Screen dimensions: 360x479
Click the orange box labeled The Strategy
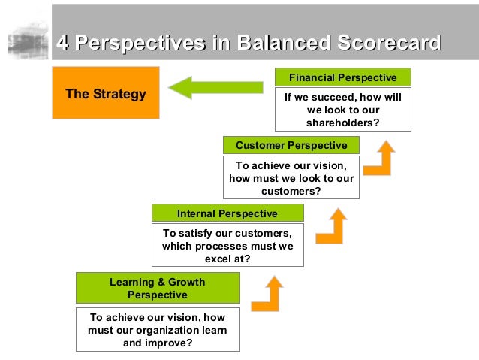coord(105,92)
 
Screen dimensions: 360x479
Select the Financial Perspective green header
coord(342,77)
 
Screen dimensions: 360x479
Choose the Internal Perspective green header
coord(227,213)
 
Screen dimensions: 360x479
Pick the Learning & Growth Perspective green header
coord(158,288)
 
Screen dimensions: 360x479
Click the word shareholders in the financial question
coord(342,123)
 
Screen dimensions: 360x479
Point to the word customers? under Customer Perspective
coord(291,191)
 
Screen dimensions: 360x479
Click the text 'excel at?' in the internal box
coord(227,259)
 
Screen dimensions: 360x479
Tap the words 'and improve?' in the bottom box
coord(158,343)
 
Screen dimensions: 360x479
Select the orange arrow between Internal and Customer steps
coord(331,226)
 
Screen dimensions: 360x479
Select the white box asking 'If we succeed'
coord(342,110)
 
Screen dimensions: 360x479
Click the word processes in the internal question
coord(227,246)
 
